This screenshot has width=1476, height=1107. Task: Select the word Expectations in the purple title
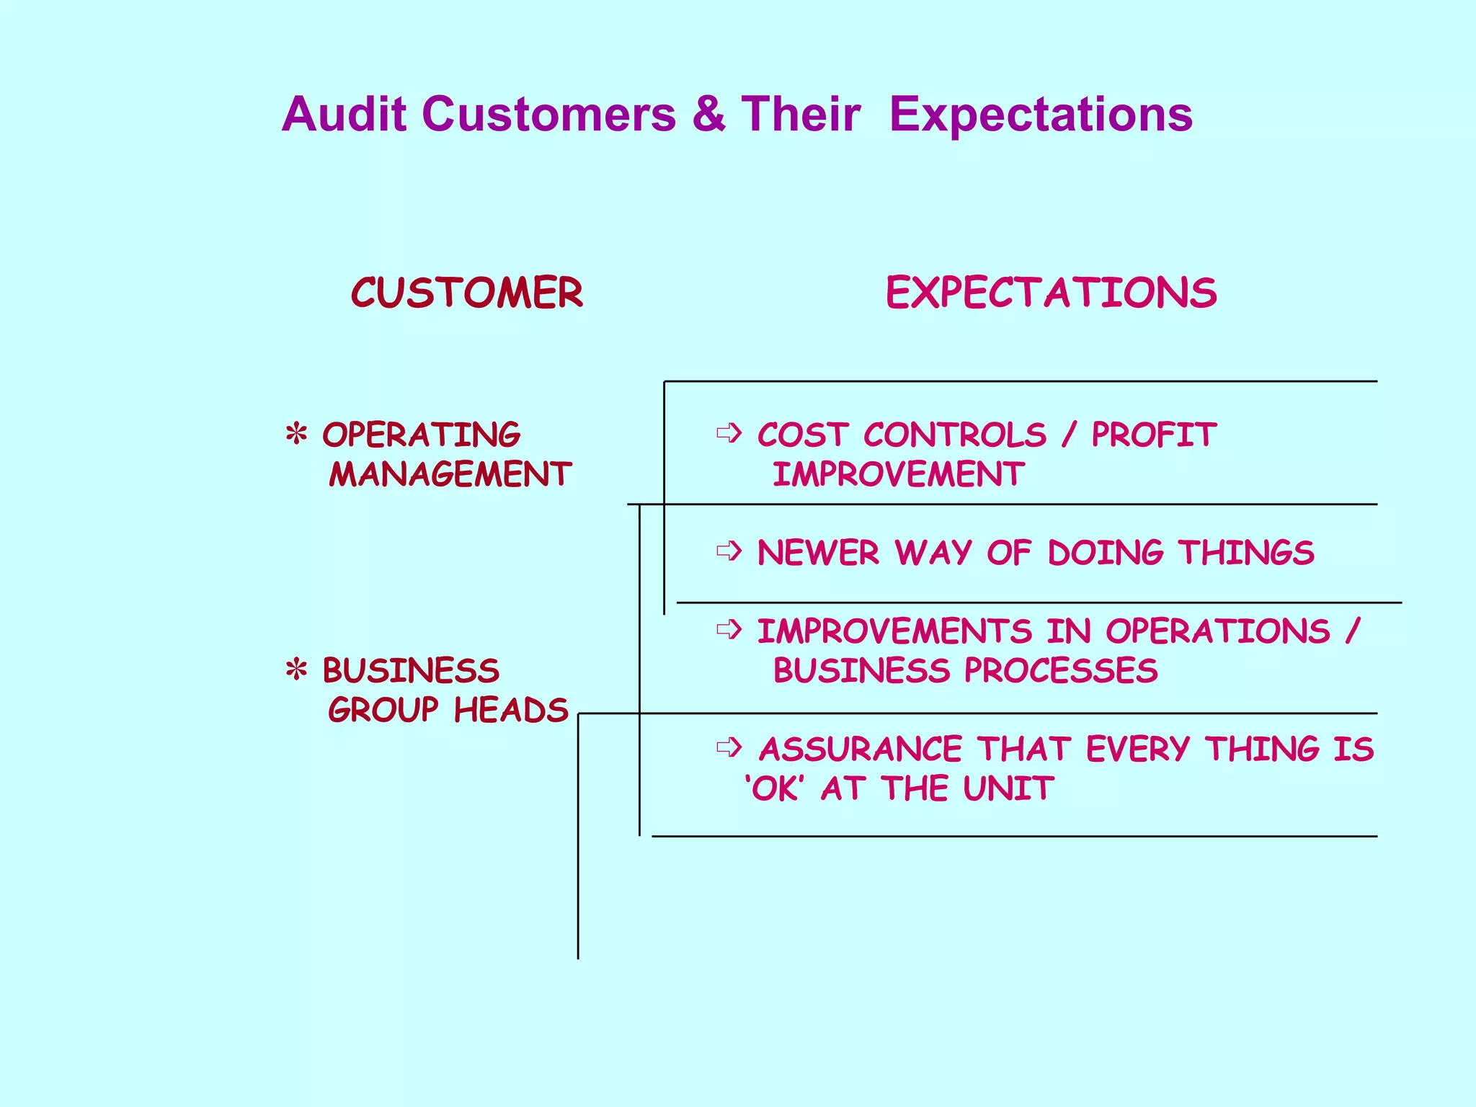(1041, 115)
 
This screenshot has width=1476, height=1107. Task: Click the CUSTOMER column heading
(467, 293)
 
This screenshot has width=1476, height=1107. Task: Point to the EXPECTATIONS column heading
(1051, 293)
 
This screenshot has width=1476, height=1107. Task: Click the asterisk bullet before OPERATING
(296, 435)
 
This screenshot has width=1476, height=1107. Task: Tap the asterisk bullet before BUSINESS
(296, 670)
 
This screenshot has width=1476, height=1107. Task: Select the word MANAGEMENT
(450, 474)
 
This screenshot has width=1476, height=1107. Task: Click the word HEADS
(511, 710)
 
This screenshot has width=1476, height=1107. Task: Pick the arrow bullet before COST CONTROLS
(729, 433)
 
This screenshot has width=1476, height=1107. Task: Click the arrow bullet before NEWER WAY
(729, 551)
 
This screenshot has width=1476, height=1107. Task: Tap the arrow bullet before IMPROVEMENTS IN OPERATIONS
(729, 630)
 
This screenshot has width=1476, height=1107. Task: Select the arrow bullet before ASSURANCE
(729, 747)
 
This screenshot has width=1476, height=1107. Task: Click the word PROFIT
(1154, 435)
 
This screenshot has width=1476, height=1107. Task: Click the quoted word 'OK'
(774, 788)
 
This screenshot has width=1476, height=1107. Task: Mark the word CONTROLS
(954, 435)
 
